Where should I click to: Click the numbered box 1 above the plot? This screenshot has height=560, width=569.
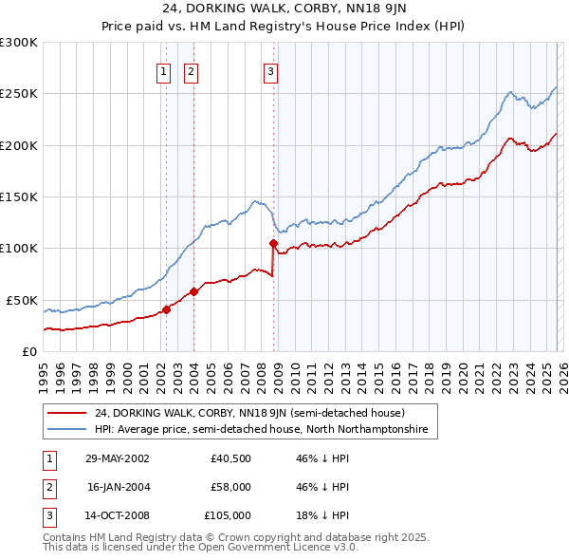[x=164, y=70]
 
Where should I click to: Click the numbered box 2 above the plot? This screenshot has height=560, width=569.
[x=191, y=70]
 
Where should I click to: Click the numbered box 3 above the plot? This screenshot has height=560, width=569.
[x=270, y=70]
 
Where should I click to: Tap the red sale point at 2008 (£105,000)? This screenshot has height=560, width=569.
[x=274, y=243]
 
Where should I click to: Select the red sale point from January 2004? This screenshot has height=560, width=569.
[x=193, y=291]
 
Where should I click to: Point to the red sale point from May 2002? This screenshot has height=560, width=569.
[x=166, y=309]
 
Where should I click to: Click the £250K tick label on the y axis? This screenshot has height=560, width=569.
[x=19, y=94]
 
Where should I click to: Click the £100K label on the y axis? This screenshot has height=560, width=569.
[x=19, y=248]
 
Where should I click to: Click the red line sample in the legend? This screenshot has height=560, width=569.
[x=68, y=414]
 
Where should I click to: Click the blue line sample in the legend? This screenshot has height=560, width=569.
[x=68, y=430]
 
